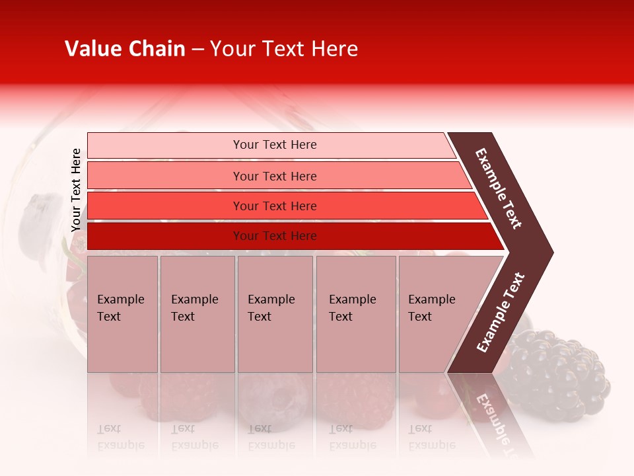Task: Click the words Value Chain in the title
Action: click(x=125, y=49)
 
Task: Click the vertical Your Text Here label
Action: click(x=77, y=190)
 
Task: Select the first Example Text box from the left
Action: click(x=122, y=314)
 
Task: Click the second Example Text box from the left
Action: click(x=197, y=314)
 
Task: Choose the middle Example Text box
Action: click(x=275, y=314)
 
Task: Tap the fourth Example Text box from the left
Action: click(x=355, y=314)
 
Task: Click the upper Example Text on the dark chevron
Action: click(x=499, y=188)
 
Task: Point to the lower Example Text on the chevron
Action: click(x=501, y=312)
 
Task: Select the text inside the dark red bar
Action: click(x=275, y=236)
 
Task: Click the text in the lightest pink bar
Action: click(x=275, y=145)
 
